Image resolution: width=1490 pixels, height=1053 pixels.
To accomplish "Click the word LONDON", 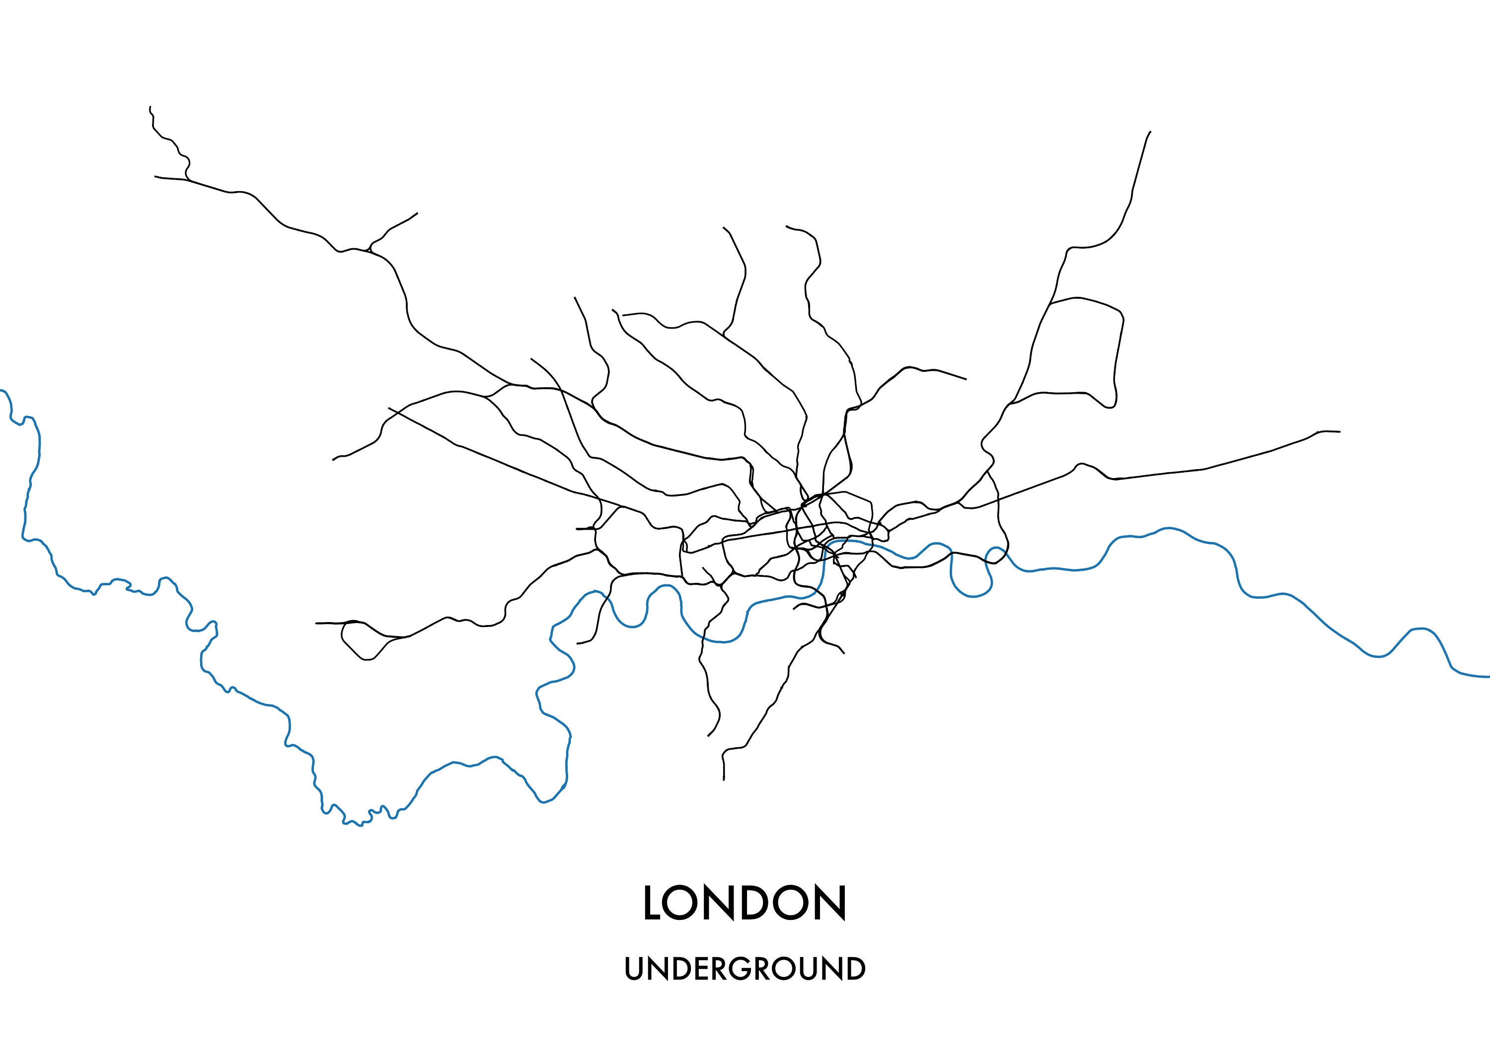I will tap(745, 903).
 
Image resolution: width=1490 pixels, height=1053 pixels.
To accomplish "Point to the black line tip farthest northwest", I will tap(150, 107).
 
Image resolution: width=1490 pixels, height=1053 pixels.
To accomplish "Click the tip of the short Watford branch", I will tap(417, 213).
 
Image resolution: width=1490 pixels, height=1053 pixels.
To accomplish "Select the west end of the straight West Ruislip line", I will tap(389, 408).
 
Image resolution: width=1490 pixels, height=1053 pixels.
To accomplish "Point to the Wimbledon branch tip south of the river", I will tap(708, 736).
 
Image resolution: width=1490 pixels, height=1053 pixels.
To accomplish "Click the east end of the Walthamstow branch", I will tap(966, 379).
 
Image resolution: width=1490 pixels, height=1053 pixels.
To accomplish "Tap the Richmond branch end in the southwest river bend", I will tap(578, 643).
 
